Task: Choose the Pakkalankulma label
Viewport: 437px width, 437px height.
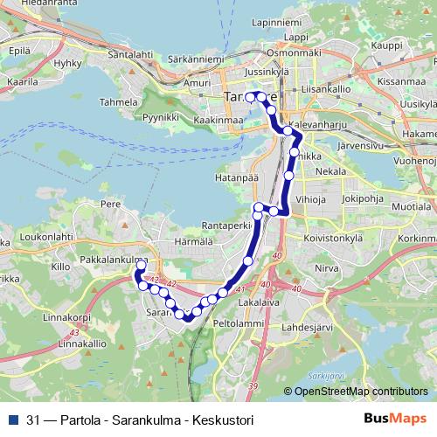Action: coord(112,260)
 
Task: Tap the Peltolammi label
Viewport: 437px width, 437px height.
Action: coord(238,323)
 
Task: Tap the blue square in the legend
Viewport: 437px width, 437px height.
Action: coord(13,419)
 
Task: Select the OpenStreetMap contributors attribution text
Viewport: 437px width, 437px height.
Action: coord(360,391)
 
